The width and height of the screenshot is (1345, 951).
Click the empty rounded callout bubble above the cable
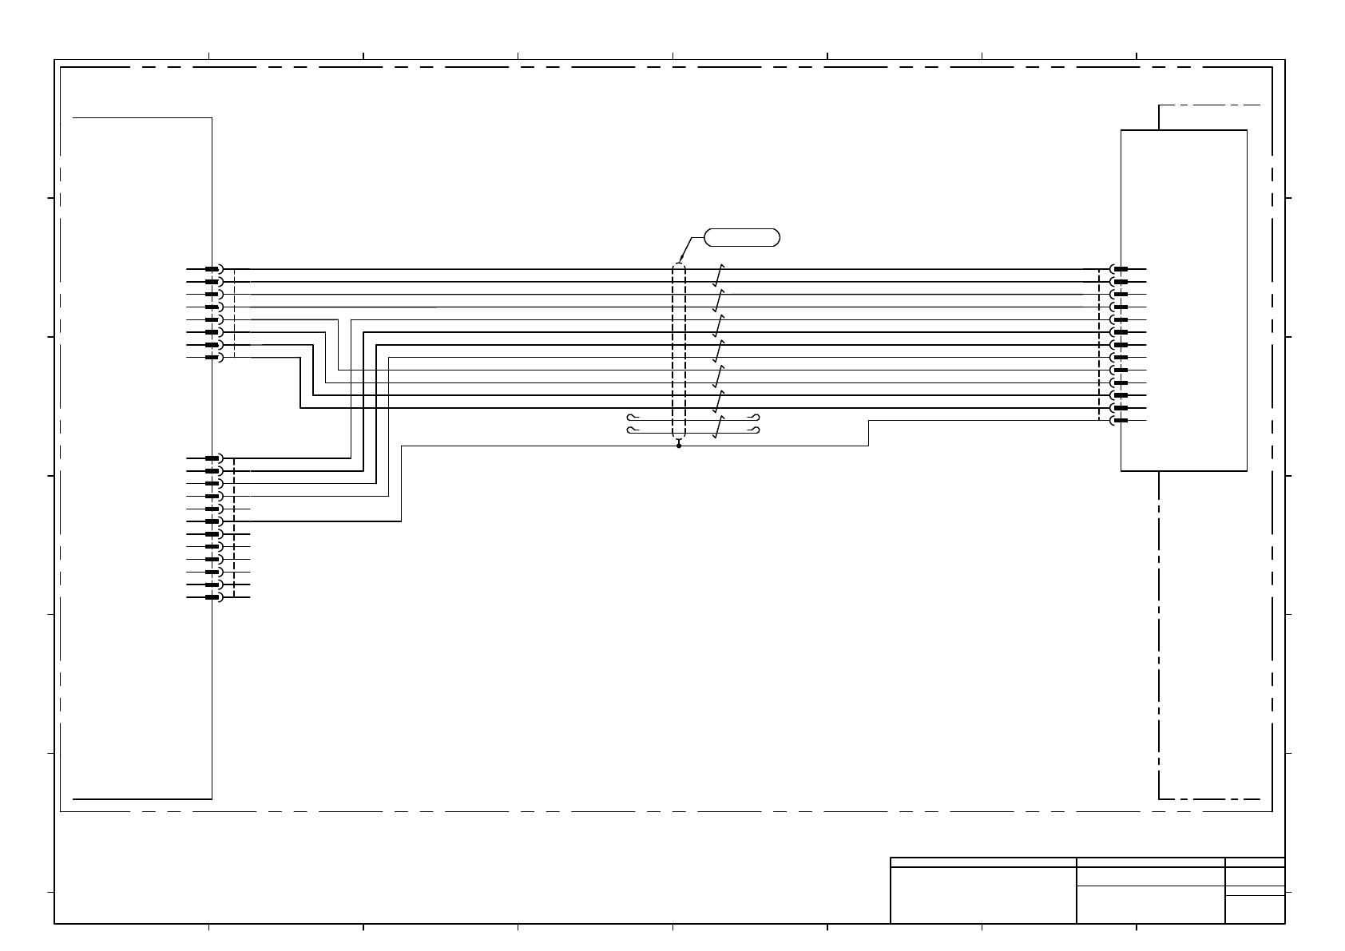tap(741, 237)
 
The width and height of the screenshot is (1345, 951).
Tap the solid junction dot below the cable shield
tap(679, 446)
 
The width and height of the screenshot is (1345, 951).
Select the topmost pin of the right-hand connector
tap(1120, 269)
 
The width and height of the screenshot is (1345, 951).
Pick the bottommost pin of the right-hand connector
tap(1120, 421)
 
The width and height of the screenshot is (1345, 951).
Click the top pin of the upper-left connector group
tap(212, 269)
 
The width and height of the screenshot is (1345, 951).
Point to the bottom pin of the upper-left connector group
tap(212, 358)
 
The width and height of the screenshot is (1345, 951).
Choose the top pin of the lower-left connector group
tap(212, 458)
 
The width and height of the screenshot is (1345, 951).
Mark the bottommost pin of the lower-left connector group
tap(212, 597)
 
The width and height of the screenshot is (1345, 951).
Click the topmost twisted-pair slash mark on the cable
tap(720, 275)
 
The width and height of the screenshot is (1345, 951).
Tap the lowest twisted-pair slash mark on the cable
tap(720, 427)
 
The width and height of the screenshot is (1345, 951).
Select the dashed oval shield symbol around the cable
tap(679, 351)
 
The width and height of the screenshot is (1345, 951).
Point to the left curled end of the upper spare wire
tap(631, 418)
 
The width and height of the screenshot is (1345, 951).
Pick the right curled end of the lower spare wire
tap(755, 430)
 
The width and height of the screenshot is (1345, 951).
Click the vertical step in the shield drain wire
tap(868, 433)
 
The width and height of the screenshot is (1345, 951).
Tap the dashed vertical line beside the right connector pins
tap(1099, 343)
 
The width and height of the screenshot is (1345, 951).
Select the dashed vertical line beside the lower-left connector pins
tap(234, 527)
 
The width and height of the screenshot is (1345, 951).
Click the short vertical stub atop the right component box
tap(1159, 117)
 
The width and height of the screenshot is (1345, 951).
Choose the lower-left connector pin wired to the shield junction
tap(212, 521)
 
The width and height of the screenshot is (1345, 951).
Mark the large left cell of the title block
tap(983, 895)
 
